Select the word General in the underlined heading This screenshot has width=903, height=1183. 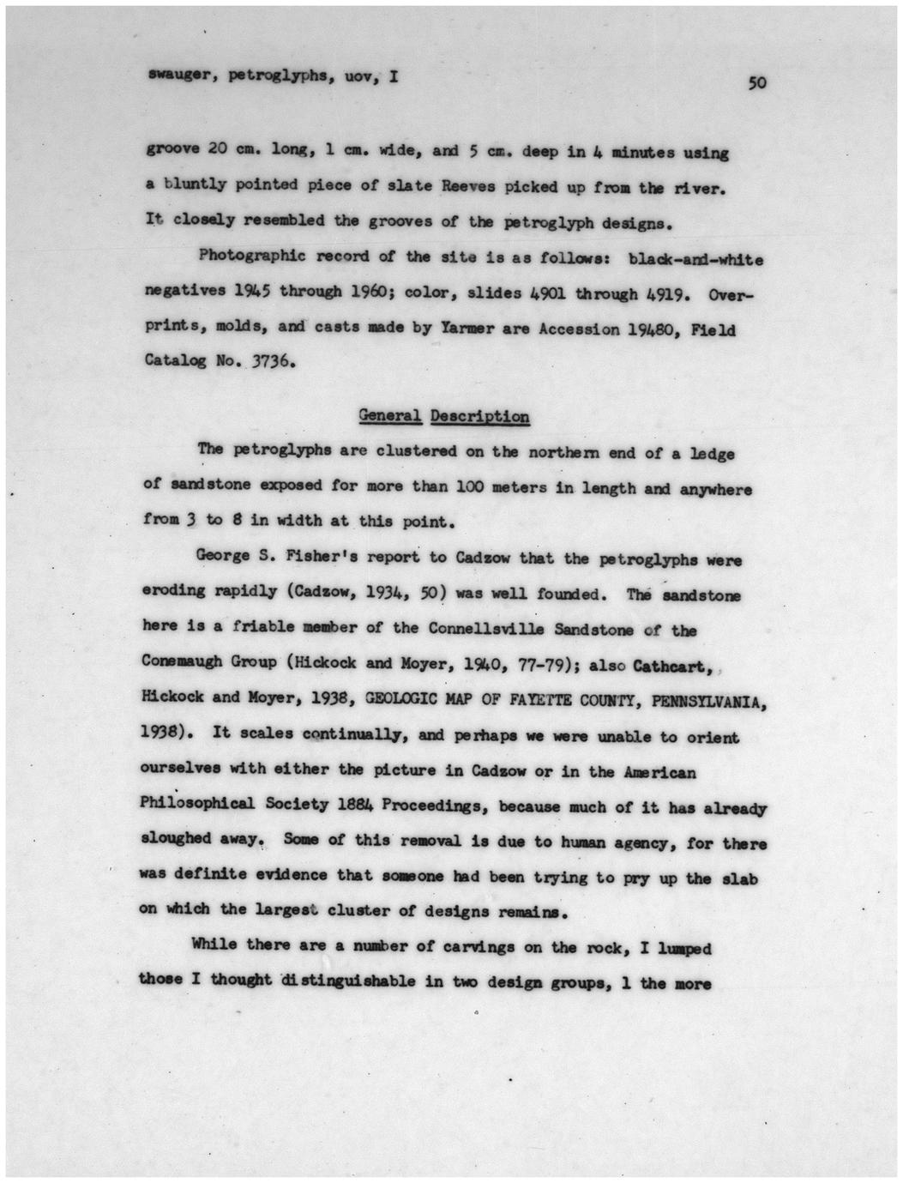click(x=389, y=416)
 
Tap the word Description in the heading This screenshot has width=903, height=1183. click(x=479, y=417)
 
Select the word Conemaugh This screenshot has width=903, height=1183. click(x=178, y=662)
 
